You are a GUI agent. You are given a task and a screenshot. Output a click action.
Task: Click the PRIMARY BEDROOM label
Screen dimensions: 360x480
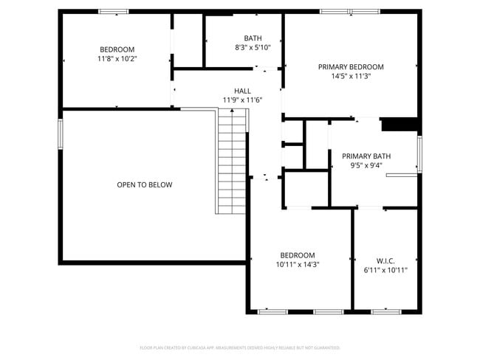tap(351, 66)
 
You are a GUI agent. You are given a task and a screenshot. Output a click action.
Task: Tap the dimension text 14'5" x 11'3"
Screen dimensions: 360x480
tap(351, 76)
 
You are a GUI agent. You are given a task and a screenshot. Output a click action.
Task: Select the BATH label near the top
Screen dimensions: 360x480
tap(253, 38)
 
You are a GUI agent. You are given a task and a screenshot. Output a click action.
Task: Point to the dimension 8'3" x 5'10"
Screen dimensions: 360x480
tap(253, 47)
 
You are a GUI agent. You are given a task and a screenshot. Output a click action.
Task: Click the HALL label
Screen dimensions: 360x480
tap(242, 91)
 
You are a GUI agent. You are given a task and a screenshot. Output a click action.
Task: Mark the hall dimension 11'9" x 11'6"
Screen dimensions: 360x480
tap(242, 100)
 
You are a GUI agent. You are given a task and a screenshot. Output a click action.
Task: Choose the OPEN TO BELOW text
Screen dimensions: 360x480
tap(145, 184)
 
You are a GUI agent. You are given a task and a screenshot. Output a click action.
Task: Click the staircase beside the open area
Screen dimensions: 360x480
tap(232, 161)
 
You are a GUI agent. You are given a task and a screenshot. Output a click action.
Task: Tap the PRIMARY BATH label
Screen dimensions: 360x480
tap(366, 156)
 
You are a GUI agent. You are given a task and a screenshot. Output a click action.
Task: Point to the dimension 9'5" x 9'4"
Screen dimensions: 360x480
tap(366, 165)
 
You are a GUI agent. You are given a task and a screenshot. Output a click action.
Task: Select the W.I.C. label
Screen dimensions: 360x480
tap(385, 261)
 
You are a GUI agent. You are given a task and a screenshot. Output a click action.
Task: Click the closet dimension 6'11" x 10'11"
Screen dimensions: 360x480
tap(385, 270)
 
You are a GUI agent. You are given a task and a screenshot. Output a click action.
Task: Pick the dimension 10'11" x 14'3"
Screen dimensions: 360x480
tap(298, 264)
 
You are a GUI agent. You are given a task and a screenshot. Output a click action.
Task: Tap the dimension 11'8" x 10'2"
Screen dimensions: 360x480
tap(117, 58)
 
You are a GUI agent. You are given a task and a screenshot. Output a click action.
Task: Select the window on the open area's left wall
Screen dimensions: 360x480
tap(61, 134)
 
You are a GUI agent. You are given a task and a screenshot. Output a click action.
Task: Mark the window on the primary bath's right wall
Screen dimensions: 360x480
tap(419, 154)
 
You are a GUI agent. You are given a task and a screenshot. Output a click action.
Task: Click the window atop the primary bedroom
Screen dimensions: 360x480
tap(350, 11)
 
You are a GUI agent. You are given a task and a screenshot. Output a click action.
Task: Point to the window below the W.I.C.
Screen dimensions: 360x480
tap(385, 312)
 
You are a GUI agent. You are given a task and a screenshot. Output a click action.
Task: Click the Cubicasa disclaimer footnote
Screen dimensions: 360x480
tap(240, 347)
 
